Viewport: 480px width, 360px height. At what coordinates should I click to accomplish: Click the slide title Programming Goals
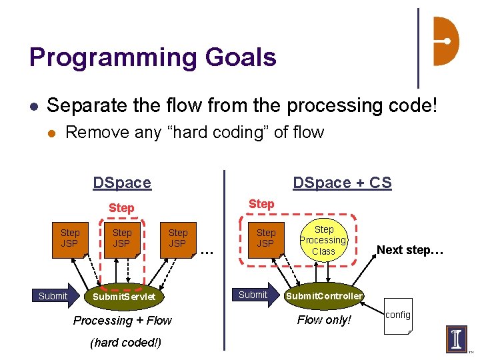tap(153, 57)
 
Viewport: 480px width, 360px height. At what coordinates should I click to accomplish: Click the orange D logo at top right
tap(445, 41)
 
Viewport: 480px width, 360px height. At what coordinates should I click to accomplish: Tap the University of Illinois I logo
tap(457, 339)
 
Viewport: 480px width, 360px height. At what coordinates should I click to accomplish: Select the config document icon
tap(398, 315)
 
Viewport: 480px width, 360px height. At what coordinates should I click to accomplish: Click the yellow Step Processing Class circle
tap(323, 240)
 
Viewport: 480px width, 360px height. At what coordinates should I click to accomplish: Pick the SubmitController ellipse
tap(324, 296)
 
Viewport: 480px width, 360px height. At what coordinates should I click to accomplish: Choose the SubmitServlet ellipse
tap(124, 296)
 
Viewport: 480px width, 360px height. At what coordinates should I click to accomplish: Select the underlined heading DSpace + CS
tap(342, 183)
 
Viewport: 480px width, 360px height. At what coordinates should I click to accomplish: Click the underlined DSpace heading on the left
tap(122, 183)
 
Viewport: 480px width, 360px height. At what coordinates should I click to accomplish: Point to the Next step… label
tap(409, 251)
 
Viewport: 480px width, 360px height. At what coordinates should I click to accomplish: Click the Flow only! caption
tap(324, 320)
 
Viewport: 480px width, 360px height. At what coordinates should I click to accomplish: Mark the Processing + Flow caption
tap(123, 321)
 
